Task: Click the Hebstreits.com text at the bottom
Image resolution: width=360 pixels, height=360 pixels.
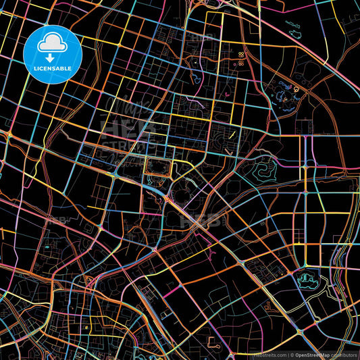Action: point(269,355)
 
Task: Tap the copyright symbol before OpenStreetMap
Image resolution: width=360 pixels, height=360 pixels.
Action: point(292,355)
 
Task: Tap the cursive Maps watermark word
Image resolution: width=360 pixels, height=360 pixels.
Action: point(122,108)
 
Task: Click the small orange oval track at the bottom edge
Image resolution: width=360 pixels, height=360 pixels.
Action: point(217,342)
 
